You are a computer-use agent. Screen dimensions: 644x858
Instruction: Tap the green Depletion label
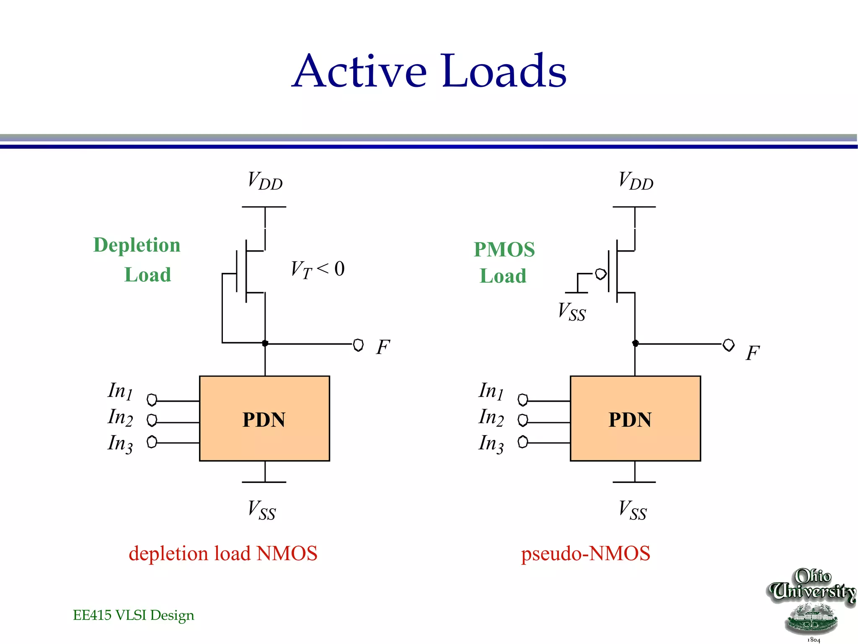coord(137,245)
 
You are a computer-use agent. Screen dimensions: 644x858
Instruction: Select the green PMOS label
coord(504,250)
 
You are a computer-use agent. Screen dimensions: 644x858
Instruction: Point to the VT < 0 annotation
coord(318,269)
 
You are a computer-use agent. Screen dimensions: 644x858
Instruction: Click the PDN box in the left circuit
coord(264,418)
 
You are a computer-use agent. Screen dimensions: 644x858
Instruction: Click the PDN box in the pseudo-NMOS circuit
coord(635,418)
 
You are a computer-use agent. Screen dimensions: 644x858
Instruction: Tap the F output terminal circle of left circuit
coord(358,345)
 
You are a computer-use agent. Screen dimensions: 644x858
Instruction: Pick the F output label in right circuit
coord(752,353)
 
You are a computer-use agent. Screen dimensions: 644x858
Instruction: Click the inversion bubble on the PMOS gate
coord(601,274)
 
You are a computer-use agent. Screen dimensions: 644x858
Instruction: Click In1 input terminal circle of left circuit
coord(152,400)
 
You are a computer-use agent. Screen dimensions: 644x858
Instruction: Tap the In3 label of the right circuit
coord(491,444)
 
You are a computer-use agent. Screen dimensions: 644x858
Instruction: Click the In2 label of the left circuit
coord(120,418)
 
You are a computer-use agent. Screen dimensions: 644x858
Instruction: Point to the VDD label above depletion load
coord(265,181)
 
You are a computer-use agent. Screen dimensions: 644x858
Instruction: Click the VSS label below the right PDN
coord(633,510)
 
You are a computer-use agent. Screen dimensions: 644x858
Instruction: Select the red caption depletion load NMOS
coord(223,553)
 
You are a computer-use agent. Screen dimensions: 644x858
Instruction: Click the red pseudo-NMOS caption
coord(585,553)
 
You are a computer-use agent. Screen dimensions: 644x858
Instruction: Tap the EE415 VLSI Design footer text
coord(133,615)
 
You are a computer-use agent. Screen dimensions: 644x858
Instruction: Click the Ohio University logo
coord(812,604)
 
